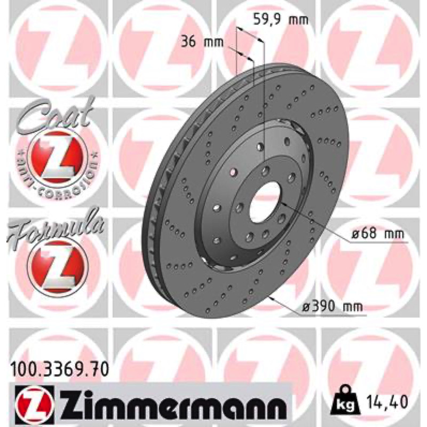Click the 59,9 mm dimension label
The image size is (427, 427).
pyautogui.click(x=281, y=20)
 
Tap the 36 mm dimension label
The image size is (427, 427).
pyautogui.click(x=202, y=42)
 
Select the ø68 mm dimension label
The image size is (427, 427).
pyautogui.click(x=378, y=234)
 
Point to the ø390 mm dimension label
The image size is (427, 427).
pyautogui.click(x=333, y=306)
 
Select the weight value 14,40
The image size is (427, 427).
pyautogui.click(x=387, y=401)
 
